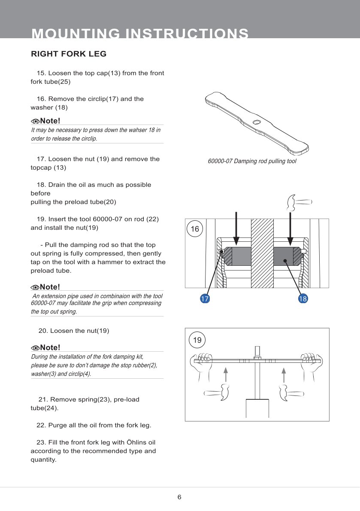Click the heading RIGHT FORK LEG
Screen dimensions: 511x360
tap(69, 54)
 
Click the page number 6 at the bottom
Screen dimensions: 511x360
tap(179, 497)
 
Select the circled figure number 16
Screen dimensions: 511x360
tap(195, 229)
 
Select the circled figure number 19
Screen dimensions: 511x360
tap(197, 340)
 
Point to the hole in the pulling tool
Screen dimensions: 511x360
tap(257, 122)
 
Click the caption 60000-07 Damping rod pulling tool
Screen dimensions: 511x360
tap(252, 161)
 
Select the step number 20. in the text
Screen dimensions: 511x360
tap(43, 331)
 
